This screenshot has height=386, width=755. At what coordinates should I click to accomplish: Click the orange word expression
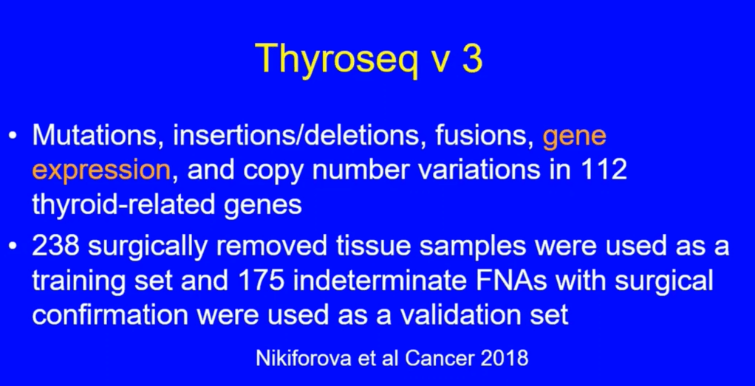(102, 172)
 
